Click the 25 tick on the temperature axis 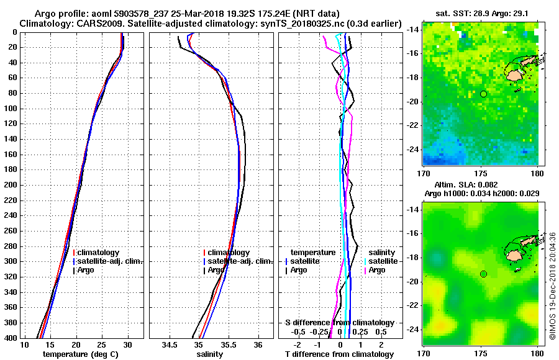click(102, 344)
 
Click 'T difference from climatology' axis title click(339, 354)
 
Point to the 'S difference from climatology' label click(339, 323)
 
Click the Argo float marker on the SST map click(483, 94)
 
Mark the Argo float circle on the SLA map click(483, 274)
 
